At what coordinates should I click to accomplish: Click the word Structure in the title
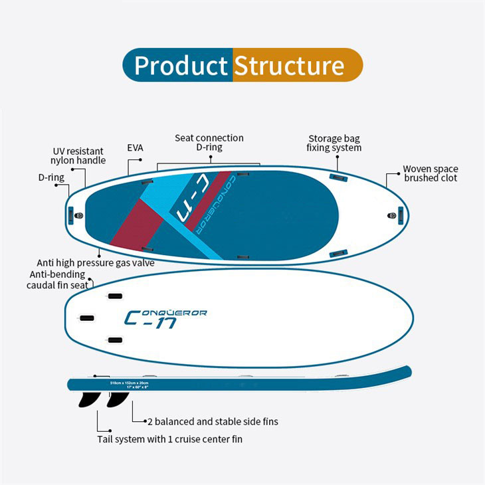tap(289, 66)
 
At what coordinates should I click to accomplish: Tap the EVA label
tap(135, 148)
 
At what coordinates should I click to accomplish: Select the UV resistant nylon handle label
tap(78, 155)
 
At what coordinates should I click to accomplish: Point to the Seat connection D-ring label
tap(209, 142)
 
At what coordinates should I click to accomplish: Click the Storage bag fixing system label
tap(334, 143)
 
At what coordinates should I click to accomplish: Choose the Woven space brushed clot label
tap(431, 173)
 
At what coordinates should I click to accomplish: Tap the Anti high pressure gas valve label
tap(96, 263)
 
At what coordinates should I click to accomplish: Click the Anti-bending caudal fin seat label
tap(58, 280)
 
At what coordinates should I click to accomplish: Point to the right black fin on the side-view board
tap(117, 399)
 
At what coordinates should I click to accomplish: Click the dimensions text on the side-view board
tap(130, 385)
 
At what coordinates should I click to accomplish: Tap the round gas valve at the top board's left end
tap(79, 216)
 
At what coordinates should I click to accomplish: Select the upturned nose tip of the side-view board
tap(405, 370)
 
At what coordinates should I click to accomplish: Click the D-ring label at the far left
tap(50, 178)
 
